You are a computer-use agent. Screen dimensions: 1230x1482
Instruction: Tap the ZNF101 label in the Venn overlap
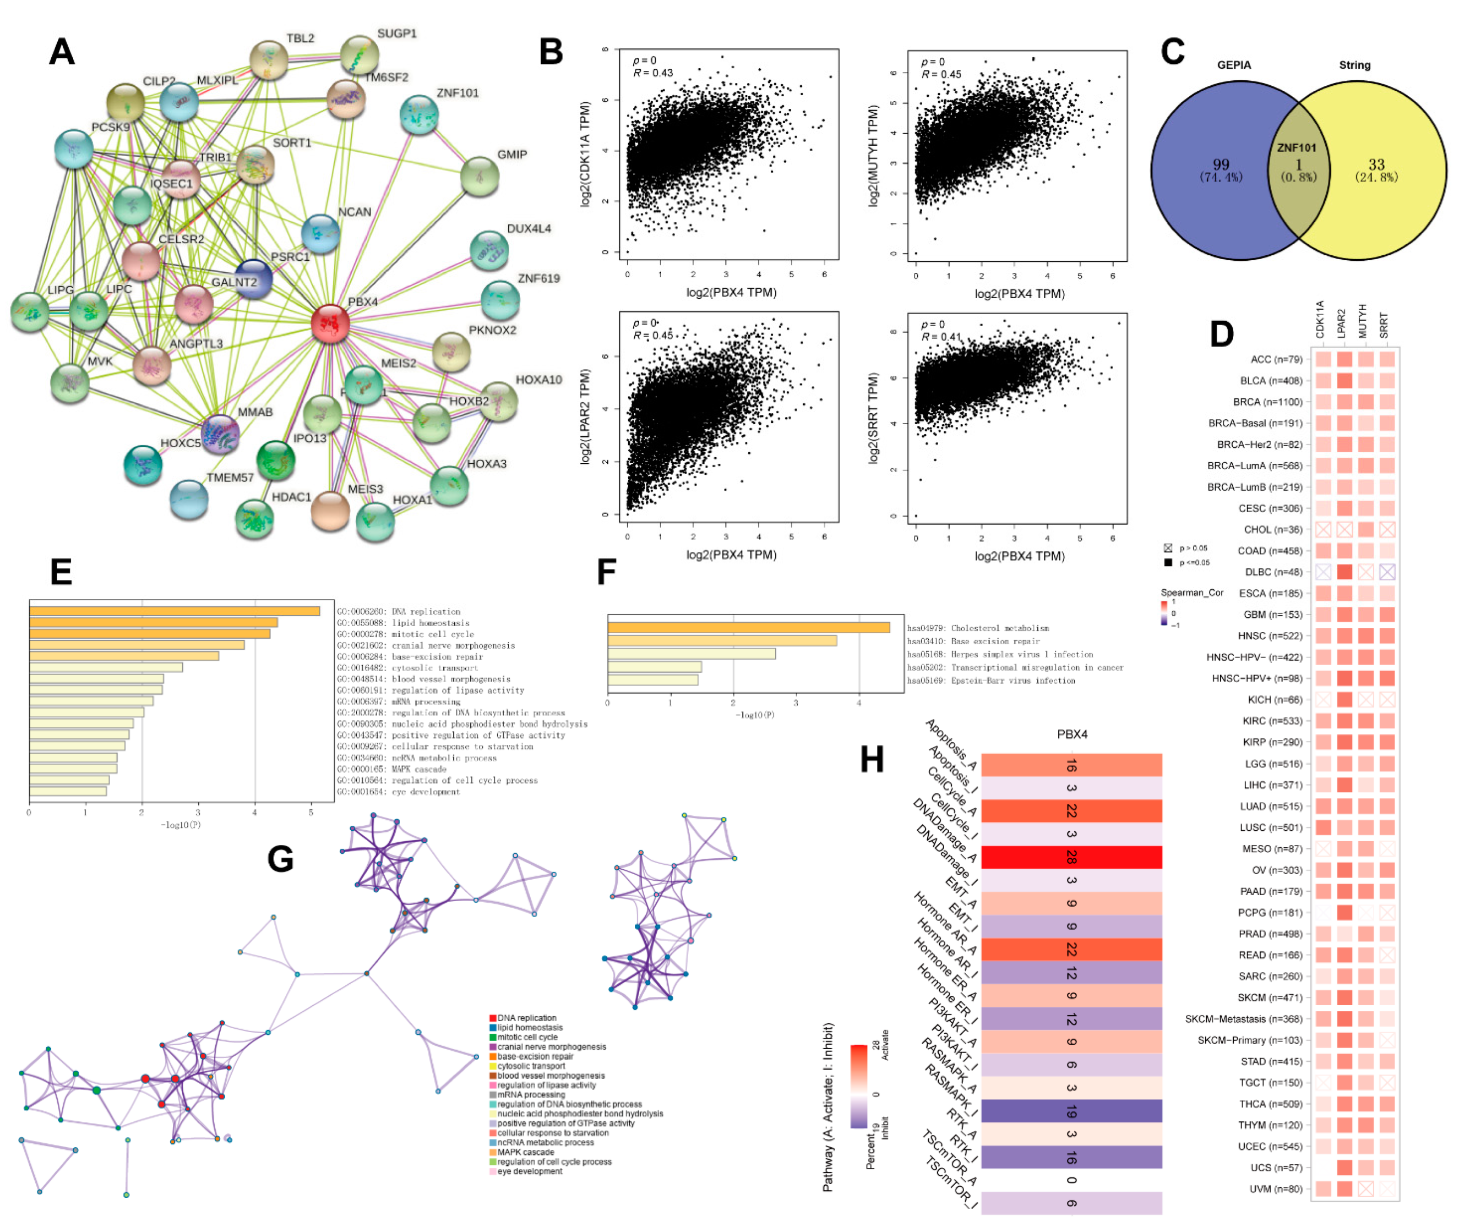pos(1296,148)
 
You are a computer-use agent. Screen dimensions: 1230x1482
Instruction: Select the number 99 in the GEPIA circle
pos(1221,164)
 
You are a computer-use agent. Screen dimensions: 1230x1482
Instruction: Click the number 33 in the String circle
pos(1376,164)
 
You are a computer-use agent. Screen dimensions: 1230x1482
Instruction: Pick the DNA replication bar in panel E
pos(174,611)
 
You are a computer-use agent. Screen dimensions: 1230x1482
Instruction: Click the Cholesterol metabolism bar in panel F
pos(748,627)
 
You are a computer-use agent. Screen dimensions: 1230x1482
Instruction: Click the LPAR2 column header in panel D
pos(1342,323)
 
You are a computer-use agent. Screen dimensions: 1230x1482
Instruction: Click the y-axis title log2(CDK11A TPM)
pos(584,154)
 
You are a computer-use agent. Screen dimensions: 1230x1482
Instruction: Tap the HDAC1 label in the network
pos(291,497)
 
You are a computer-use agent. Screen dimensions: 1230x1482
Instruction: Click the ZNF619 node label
pos(539,278)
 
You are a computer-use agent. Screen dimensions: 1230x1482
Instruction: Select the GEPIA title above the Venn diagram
pos(1234,65)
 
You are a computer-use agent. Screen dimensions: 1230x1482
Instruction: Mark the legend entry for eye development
pos(529,1171)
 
